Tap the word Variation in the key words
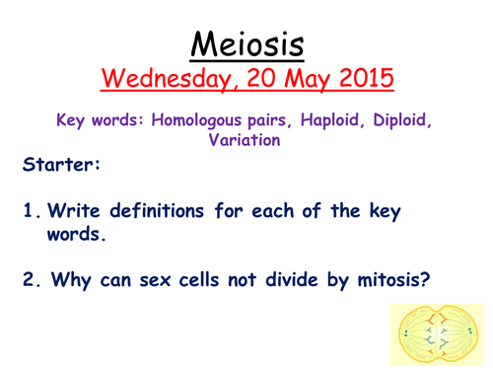tap(246, 141)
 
